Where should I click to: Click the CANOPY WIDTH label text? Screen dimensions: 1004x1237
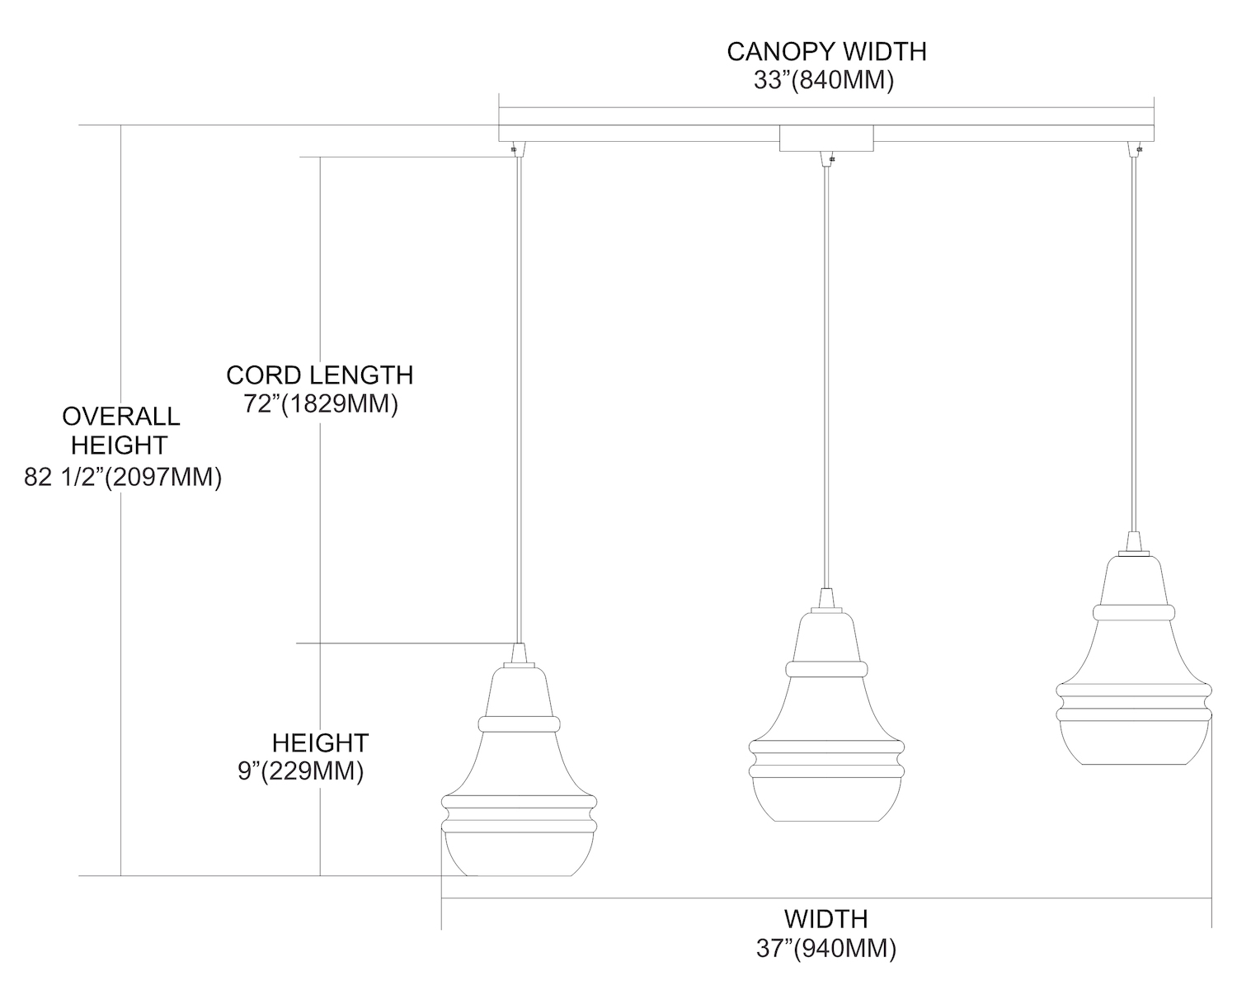pos(826,51)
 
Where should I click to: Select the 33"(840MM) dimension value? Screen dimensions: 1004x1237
pos(823,81)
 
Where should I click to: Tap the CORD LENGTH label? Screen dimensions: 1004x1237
pos(320,375)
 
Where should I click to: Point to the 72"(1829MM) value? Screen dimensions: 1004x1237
pos(321,405)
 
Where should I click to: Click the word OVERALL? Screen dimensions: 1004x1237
pos(120,416)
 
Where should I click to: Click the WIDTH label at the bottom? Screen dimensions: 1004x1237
pos(825,918)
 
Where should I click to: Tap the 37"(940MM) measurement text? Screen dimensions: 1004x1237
pos(825,949)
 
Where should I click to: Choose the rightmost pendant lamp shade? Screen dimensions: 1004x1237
pos(1134,668)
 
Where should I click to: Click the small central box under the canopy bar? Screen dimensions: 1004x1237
pos(826,139)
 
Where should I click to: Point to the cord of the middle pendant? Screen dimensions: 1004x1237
pos(825,371)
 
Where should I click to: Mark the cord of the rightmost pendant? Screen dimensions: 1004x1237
pos(1135,346)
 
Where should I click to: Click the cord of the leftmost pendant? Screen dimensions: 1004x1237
pos(518,396)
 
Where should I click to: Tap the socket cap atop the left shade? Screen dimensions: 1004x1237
pos(519,654)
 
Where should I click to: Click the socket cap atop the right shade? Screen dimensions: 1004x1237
pos(1135,543)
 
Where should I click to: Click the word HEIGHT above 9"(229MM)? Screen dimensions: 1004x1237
pos(320,742)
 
